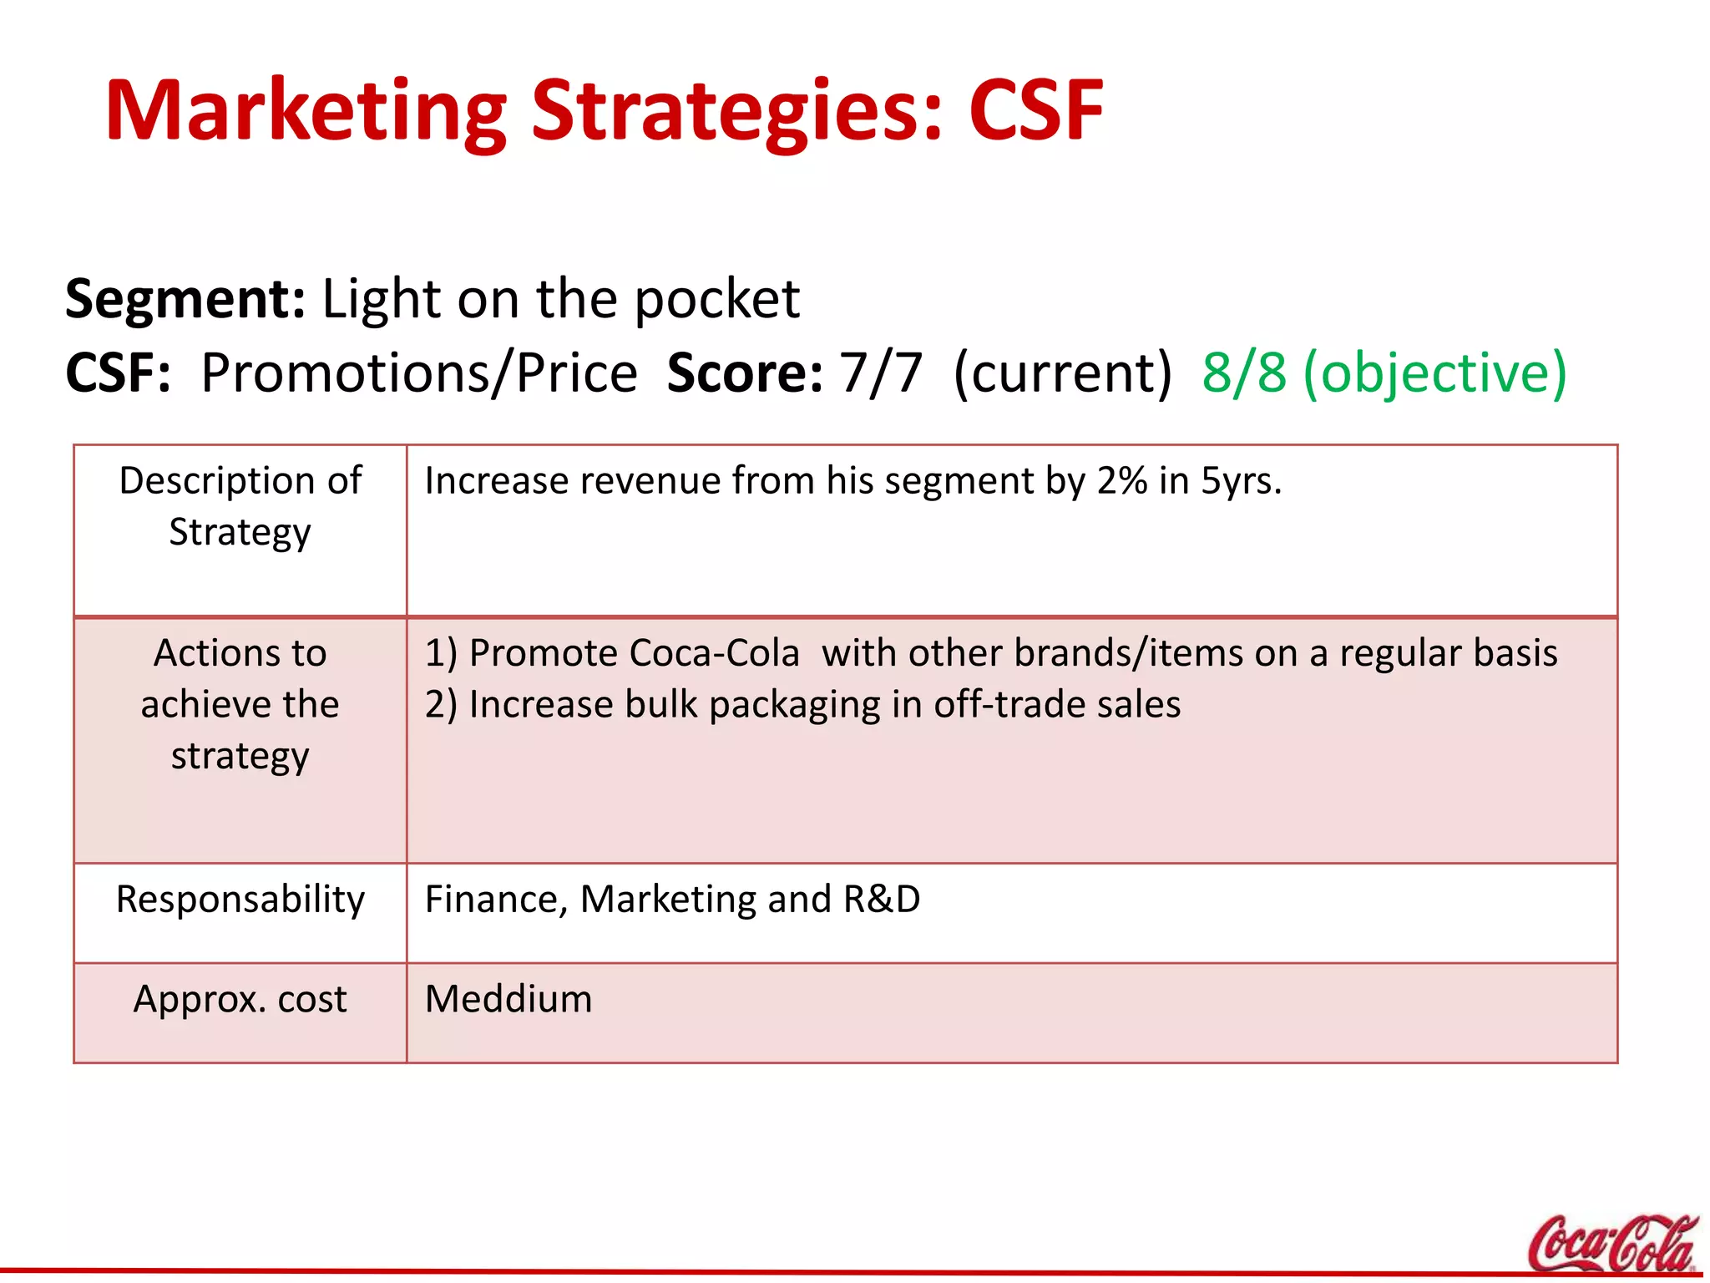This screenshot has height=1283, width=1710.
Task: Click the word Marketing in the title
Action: [306, 111]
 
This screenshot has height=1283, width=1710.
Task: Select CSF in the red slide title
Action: [1035, 111]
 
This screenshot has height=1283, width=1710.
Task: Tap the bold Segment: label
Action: [185, 299]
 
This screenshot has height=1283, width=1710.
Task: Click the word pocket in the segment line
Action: [716, 299]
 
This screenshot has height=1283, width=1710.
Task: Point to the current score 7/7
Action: [881, 373]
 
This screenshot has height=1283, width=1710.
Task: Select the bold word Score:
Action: [745, 373]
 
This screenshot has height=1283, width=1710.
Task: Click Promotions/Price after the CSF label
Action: [419, 373]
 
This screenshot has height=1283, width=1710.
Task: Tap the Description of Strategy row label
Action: [240, 506]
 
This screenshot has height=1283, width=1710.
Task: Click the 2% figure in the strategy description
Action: [1121, 481]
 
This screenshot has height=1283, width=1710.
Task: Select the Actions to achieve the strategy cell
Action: [240, 704]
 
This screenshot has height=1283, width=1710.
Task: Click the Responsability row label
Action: [240, 900]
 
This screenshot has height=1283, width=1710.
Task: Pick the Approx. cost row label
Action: [240, 999]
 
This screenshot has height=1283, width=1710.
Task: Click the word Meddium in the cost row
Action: [508, 999]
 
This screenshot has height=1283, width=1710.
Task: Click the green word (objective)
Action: [1434, 373]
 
